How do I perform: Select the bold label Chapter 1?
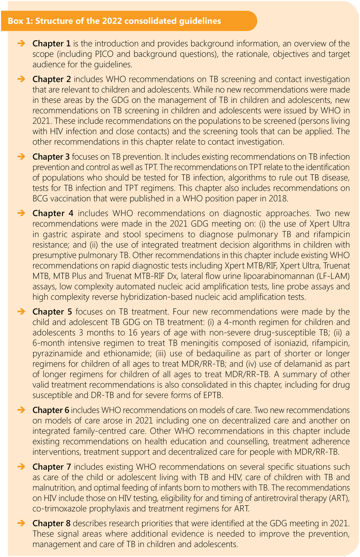(51, 44)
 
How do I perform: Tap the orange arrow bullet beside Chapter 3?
(21, 156)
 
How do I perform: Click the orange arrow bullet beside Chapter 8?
(21, 523)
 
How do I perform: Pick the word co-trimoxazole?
(57, 509)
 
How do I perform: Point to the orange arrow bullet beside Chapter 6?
(21, 410)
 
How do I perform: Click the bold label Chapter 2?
(52, 80)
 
